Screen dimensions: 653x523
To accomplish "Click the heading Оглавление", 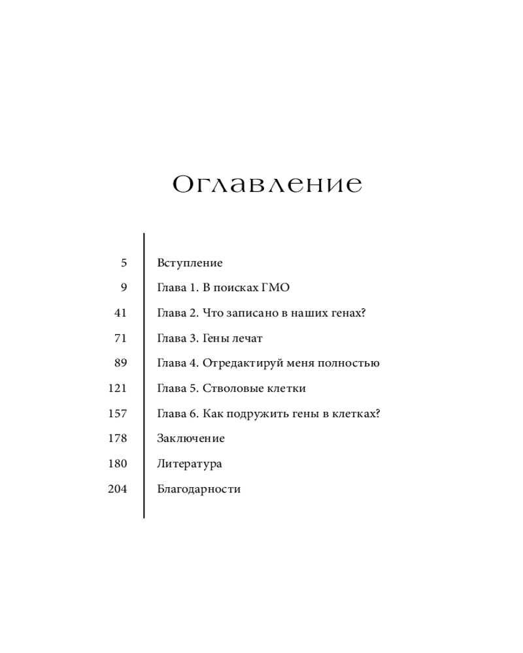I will (267, 184).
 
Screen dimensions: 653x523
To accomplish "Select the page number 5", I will (124, 263).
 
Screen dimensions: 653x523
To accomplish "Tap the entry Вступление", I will (190, 263).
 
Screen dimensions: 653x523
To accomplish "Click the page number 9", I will (124, 288).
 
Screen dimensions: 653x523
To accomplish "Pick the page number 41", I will (120, 313).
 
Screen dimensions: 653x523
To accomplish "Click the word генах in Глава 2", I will (348, 313).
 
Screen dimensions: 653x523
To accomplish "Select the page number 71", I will (120, 338).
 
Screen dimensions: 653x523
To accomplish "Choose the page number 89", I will (120, 363).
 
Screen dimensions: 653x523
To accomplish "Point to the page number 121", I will (117, 389).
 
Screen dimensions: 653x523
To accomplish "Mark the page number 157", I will (117, 413).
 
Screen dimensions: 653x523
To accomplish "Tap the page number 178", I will (117, 438).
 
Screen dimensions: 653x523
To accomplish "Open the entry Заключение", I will (191, 438).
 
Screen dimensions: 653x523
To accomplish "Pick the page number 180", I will (117, 464).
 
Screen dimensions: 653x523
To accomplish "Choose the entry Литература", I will (190, 464).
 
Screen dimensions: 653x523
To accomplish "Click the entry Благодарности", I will (199, 488).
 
